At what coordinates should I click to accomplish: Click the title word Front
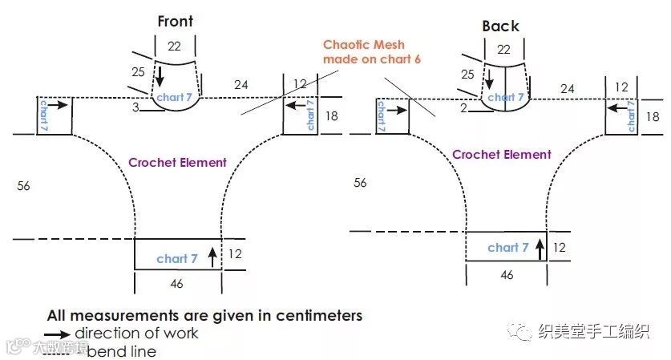[176, 22]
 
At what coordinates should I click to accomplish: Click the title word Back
[501, 26]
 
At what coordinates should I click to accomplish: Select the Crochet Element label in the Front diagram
[178, 162]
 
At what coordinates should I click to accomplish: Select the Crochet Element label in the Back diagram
[502, 155]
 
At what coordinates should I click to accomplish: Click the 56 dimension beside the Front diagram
[23, 186]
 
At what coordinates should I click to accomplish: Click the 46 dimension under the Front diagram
[177, 283]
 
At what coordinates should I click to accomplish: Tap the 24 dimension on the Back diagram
[568, 88]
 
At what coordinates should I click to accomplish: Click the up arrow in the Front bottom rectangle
[212, 257]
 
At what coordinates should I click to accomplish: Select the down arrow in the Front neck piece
[160, 77]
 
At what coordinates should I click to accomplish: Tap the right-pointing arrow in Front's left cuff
[59, 104]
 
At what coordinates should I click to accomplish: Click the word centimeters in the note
[313, 315]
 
